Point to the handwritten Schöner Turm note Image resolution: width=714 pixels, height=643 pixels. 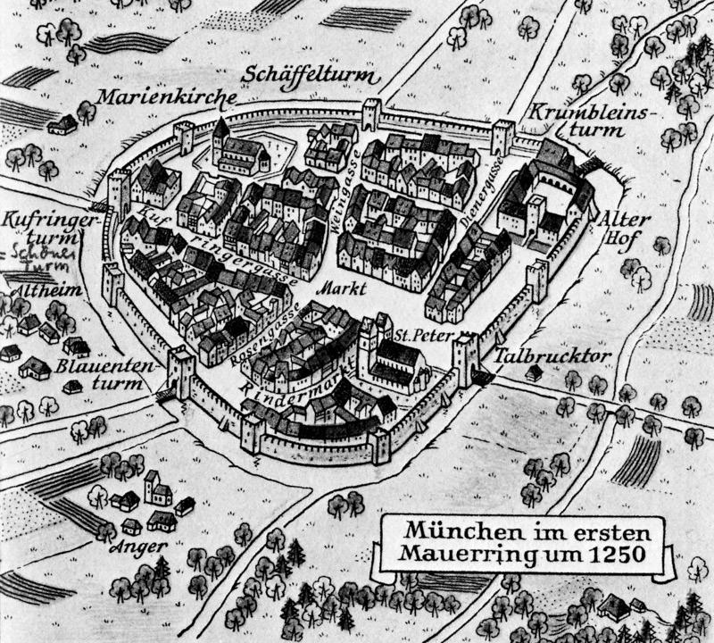30,259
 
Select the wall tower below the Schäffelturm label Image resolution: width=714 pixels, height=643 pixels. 370,114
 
